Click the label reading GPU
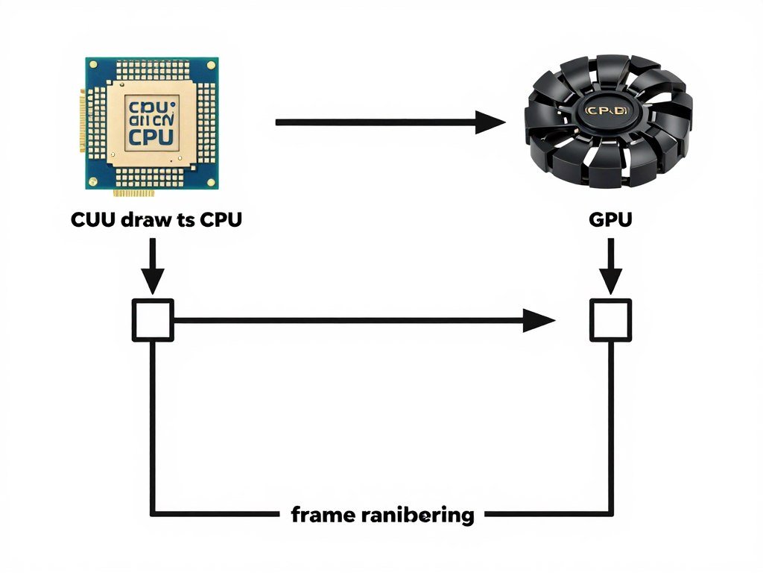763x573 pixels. click(x=610, y=221)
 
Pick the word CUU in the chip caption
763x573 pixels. click(x=94, y=221)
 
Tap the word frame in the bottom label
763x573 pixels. click(x=318, y=514)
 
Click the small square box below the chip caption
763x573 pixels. click(x=153, y=320)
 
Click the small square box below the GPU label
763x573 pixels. click(x=611, y=320)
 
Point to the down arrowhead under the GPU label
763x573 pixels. click(x=611, y=282)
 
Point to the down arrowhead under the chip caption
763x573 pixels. click(x=153, y=282)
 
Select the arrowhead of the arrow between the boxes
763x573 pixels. click(x=538, y=321)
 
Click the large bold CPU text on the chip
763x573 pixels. click(x=151, y=137)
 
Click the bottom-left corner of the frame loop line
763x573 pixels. click(x=153, y=514)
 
